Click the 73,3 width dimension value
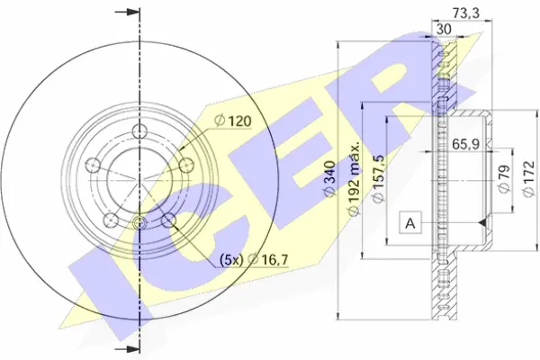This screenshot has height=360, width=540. pos(465,13)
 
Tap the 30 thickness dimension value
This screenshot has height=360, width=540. pos(444,30)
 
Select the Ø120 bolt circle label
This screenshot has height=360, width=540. pos(233,121)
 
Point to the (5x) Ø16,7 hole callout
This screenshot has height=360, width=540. pos(254,259)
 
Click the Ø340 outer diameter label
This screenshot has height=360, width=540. pos(330,179)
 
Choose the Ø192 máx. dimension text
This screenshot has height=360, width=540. pos(355,178)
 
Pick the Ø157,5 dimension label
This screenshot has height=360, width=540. pos(378,179)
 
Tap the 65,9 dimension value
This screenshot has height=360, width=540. pos(465,144)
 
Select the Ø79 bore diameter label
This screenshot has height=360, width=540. pos(503,179)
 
